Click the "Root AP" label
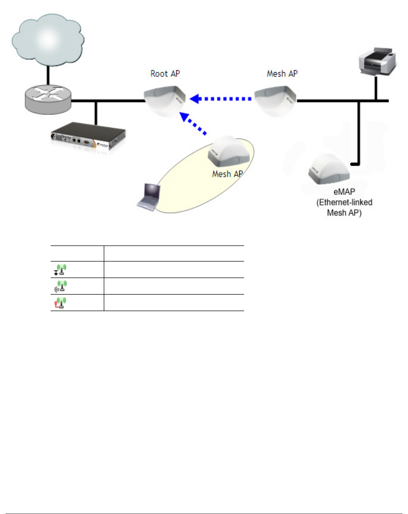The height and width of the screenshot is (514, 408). (x=165, y=74)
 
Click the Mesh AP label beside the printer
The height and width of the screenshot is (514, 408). (x=282, y=74)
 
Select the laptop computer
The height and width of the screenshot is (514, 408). (x=148, y=196)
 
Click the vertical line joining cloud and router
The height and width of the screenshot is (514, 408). (x=48, y=75)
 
